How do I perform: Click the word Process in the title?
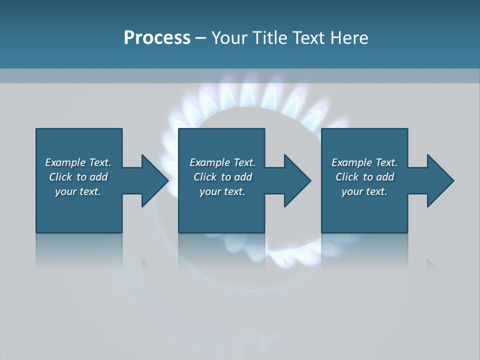pyautogui.click(x=157, y=38)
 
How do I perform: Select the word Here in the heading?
pyautogui.click(x=348, y=38)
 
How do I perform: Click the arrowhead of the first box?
pyautogui.click(x=154, y=180)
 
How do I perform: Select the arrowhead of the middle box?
pyautogui.click(x=297, y=180)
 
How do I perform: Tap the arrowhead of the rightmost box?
pyautogui.click(x=440, y=180)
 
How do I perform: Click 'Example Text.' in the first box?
pyautogui.click(x=78, y=162)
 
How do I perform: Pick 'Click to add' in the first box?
pyautogui.click(x=78, y=177)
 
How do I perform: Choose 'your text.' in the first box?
pyautogui.click(x=78, y=191)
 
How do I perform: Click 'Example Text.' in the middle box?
pyautogui.click(x=222, y=162)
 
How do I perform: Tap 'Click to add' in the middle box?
pyautogui.click(x=223, y=177)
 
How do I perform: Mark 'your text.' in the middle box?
pyautogui.click(x=222, y=191)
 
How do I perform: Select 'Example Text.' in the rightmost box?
pyautogui.click(x=364, y=162)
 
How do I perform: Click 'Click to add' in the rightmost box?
pyautogui.click(x=365, y=177)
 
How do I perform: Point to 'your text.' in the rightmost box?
pyautogui.click(x=364, y=191)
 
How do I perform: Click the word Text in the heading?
pyautogui.click(x=309, y=38)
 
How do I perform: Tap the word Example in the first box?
pyautogui.click(x=65, y=162)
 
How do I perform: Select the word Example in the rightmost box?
pyautogui.click(x=351, y=162)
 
